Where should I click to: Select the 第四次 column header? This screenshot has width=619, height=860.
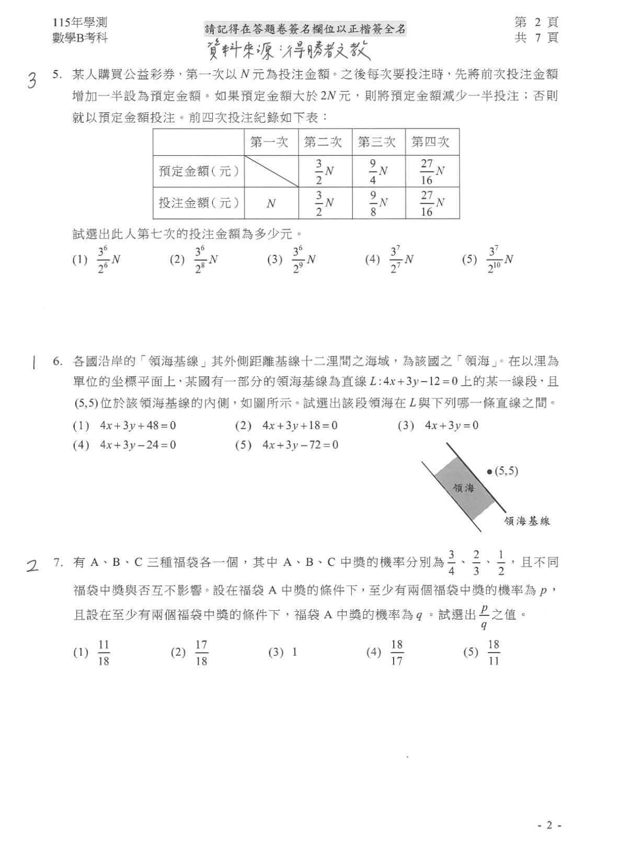[x=431, y=142]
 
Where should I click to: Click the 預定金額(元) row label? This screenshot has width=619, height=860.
[x=199, y=171]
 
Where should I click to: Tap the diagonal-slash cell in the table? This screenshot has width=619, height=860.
[x=271, y=171]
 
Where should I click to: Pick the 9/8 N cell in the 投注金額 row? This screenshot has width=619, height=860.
[x=379, y=203]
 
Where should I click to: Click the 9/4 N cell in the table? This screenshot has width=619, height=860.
[x=379, y=171]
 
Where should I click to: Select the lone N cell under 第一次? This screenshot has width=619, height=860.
[x=271, y=203]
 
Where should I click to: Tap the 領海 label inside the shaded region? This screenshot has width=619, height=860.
[x=464, y=488]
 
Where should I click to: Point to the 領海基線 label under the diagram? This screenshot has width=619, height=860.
[x=527, y=520]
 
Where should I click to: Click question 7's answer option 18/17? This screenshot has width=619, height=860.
[x=390, y=652]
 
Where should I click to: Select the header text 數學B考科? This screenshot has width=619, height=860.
[x=80, y=38]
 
